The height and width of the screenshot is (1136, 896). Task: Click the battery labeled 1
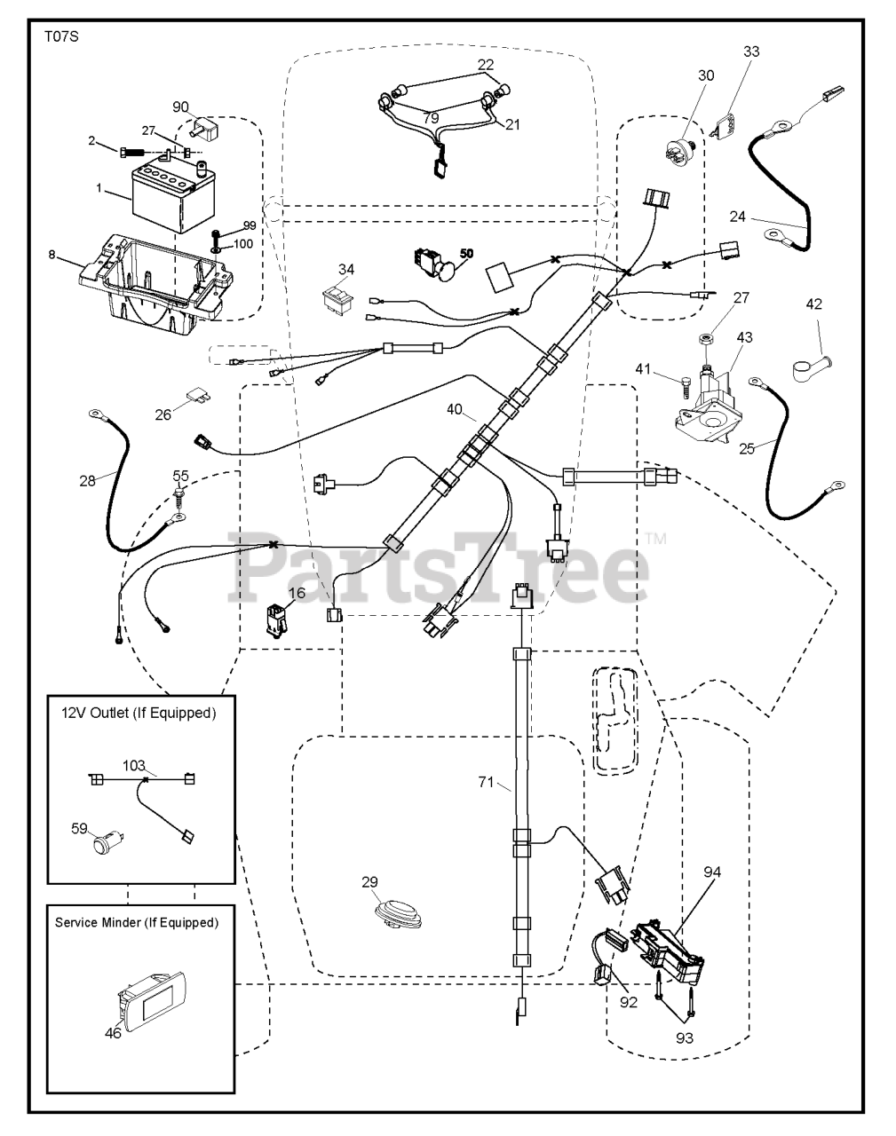tap(164, 193)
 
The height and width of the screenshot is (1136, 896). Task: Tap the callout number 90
tap(181, 107)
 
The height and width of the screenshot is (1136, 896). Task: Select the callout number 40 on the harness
tap(455, 409)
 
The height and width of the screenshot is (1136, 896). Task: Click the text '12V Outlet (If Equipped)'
tap(138, 713)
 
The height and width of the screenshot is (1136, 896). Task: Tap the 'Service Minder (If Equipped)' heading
tap(136, 922)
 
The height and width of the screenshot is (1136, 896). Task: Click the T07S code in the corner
tap(59, 38)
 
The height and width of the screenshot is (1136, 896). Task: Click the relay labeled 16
tap(276, 619)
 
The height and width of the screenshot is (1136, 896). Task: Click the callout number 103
tap(133, 765)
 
